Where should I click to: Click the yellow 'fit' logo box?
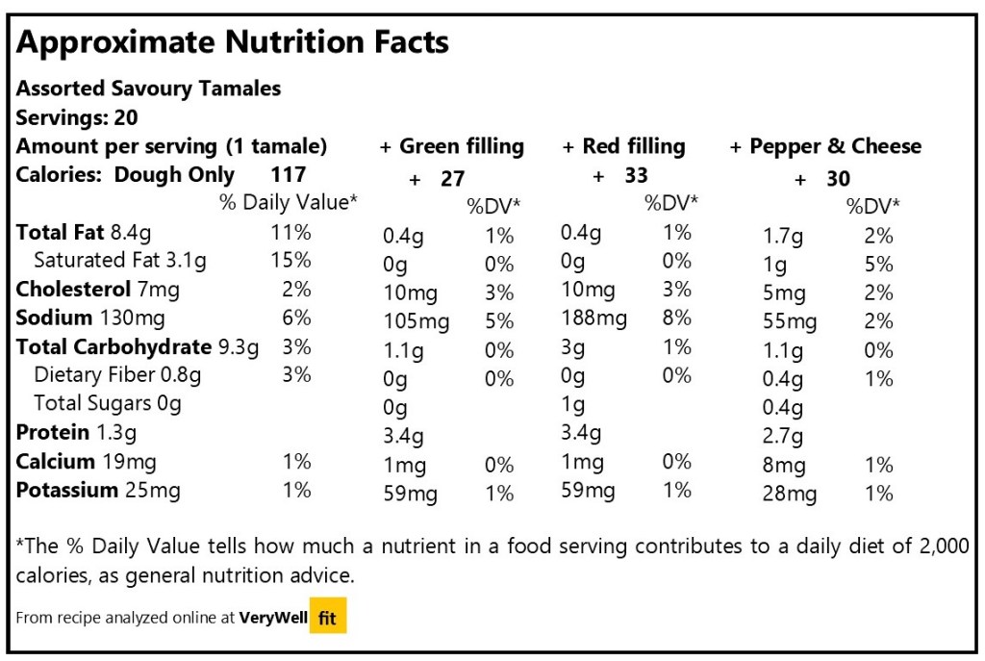[327, 618]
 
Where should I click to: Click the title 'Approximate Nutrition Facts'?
[233, 43]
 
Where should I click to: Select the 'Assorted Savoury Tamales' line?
[148, 89]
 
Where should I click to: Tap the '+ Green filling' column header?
[452, 147]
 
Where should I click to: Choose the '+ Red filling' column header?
[624, 147]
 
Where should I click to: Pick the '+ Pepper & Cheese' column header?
[825, 147]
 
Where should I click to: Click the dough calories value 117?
[289, 174]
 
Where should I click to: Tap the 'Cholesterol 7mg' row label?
[98, 289]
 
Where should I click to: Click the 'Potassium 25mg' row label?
[98, 491]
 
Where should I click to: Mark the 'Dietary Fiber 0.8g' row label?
[117, 375]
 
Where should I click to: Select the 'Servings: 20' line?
[77, 118]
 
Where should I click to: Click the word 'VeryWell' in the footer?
[272, 618]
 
